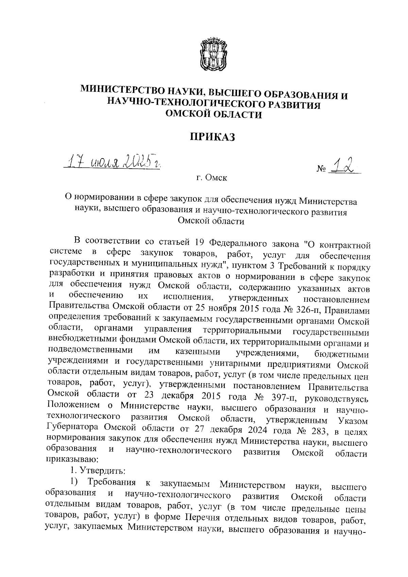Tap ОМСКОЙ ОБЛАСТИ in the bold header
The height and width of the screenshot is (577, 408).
point(214,115)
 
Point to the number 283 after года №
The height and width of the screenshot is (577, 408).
point(318,431)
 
